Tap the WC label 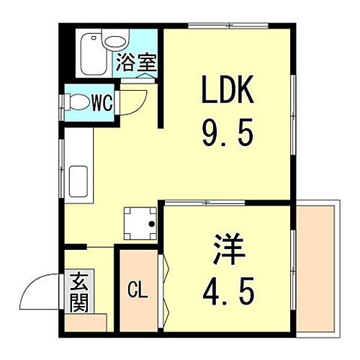pyautogui.click(x=102, y=102)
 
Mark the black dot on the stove pyautogui.click(x=151, y=224)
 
